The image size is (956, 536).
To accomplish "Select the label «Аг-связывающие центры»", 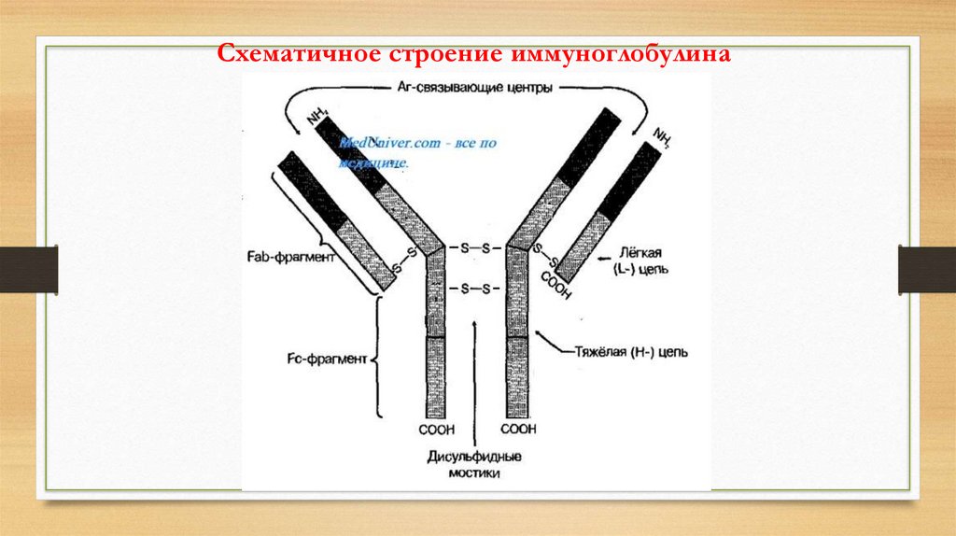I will click(x=475, y=87).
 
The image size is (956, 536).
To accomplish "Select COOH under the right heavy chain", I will click(x=519, y=430).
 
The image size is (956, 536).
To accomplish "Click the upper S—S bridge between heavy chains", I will click(x=476, y=248).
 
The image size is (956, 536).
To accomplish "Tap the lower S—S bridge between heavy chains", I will click(x=476, y=289).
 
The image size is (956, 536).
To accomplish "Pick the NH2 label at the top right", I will click(x=664, y=137).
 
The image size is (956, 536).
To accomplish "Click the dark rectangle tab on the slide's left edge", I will click(x=29, y=269).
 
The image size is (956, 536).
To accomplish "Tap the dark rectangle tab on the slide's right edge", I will click(x=926, y=269).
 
